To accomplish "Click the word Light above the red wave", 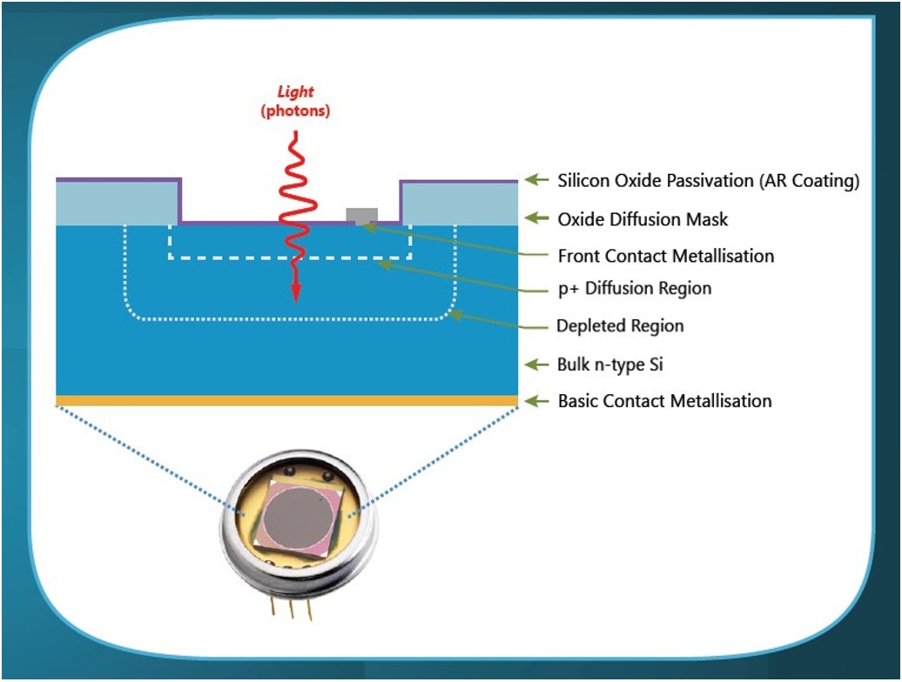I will tap(295, 93).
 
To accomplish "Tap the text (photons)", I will tap(296, 111).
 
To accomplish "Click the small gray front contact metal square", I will tap(362, 215).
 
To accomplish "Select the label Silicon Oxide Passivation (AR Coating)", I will tap(709, 181).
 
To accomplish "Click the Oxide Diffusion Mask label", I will tap(643, 219).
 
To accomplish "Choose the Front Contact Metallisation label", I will tap(665, 256).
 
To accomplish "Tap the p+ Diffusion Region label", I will tap(635, 288).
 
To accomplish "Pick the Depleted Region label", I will tap(620, 326).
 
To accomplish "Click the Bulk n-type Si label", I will tap(609, 364).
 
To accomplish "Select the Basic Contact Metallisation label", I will tap(664, 401).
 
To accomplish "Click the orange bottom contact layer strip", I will tap(287, 401).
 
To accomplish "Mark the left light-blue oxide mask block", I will tap(118, 204).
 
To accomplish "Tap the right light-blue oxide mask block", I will tap(459, 204).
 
